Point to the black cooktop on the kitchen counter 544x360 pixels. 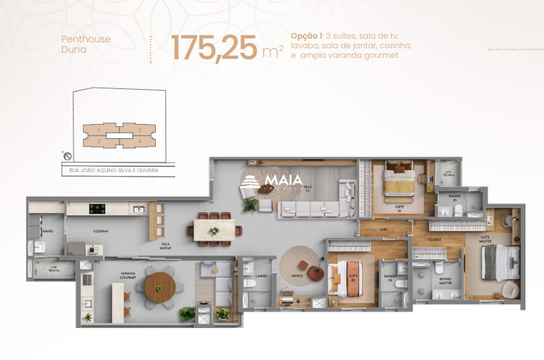(98, 209)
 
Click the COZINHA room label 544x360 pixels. (101, 232)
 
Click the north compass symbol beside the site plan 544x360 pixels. (68, 157)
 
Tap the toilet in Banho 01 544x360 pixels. (461, 212)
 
